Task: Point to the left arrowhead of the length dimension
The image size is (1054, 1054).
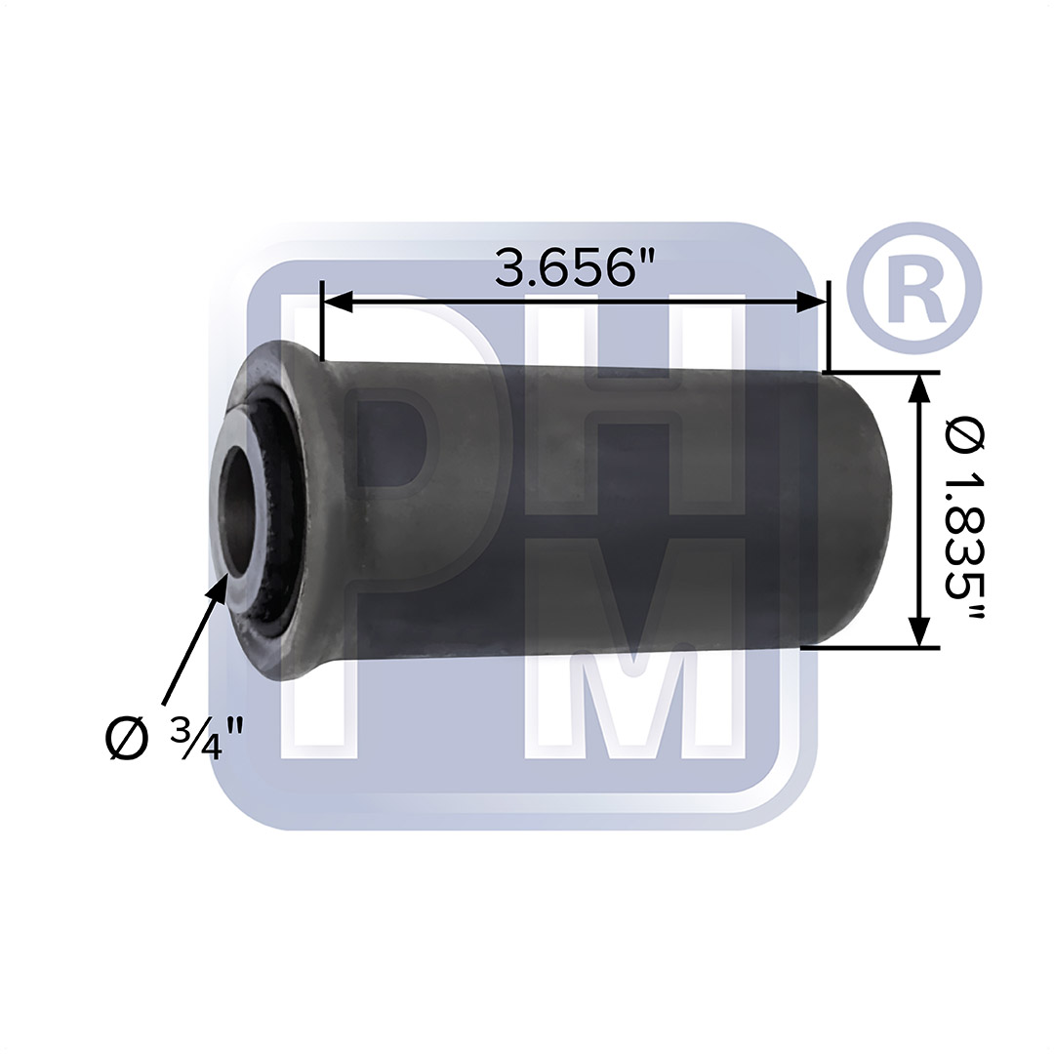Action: coord(338,302)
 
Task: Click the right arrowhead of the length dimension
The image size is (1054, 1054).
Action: coord(812,302)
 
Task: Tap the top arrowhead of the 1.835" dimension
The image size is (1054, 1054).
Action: coord(920,387)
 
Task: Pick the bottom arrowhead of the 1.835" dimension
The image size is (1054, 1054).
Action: coord(920,631)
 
